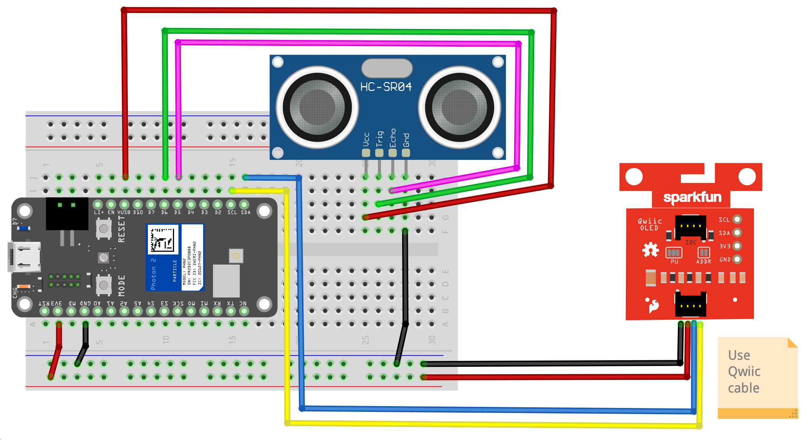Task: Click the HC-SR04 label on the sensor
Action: click(x=386, y=87)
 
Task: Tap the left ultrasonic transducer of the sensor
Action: click(x=317, y=107)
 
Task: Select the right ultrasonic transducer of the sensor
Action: click(x=459, y=107)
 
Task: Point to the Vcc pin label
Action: click(x=366, y=139)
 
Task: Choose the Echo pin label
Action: click(x=393, y=138)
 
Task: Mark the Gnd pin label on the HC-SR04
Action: click(x=406, y=140)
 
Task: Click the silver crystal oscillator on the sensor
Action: click(x=387, y=68)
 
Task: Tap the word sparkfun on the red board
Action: click(x=692, y=197)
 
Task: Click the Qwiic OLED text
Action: click(x=650, y=224)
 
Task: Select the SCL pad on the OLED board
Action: click(x=737, y=220)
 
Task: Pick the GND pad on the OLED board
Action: click(x=737, y=259)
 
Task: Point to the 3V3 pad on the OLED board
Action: click(x=737, y=246)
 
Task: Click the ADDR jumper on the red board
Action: click(x=704, y=253)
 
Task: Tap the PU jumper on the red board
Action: click(x=674, y=253)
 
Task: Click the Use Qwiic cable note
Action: click(x=744, y=371)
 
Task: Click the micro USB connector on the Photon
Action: click(x=24, y=257)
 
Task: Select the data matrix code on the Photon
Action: click(x=163, y=239)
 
